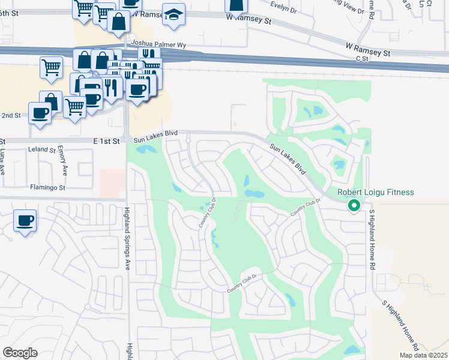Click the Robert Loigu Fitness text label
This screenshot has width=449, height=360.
click(x=376, y=193)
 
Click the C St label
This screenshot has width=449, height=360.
click(x=361, y=59)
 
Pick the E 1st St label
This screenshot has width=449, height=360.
click(x=107, y=140)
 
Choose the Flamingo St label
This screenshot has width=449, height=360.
click(x=47, y=187)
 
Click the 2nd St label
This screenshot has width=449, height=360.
click(x=11, y=115)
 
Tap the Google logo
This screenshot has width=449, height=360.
click(x=20, y=353)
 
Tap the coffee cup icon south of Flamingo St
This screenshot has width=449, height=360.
click(x=25, y=221)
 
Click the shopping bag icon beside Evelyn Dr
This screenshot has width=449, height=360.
click(x=237, y=5)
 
